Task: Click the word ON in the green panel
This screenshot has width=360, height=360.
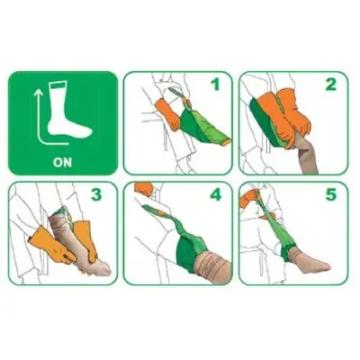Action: click(x=63, y=162)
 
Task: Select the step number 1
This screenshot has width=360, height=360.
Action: click(x=215, y=85)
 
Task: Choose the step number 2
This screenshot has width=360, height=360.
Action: click(x=331, y=85)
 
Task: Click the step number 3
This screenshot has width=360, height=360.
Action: click(x=96, y=194)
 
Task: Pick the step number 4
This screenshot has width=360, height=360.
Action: click(x=215, y=194)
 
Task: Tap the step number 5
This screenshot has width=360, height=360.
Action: click(x=331, y=194)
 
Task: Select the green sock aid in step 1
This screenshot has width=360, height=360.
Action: click(x=201, y=123)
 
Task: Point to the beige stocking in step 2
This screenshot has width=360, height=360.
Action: click(x=307, y=155)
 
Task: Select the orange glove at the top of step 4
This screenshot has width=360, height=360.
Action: click(x=144, y=188)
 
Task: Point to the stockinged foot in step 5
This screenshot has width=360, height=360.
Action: click(x=309, y=260)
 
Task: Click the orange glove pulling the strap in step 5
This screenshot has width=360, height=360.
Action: click(x=248, y=199)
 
